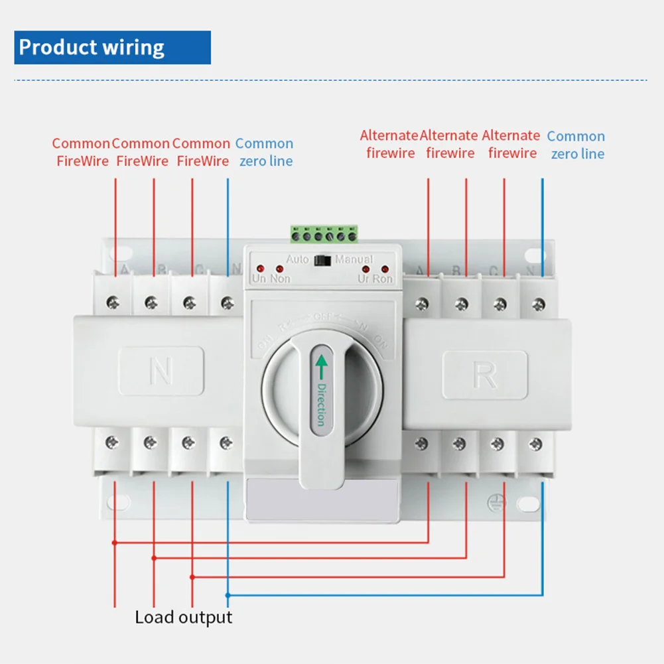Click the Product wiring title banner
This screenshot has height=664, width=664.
(112, 48)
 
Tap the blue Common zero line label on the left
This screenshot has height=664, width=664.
(265, 152)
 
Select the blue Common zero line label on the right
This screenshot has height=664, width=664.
(576, 145)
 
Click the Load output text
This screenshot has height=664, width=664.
(184, 618)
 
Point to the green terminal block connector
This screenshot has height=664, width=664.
(324, 234)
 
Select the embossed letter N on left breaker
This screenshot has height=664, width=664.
(161, 372)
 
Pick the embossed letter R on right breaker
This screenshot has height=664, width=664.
(485, 375)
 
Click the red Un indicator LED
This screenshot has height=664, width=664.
(259, 269)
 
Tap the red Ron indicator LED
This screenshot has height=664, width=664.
(384, 269)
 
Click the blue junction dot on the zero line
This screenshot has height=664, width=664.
(228, 594)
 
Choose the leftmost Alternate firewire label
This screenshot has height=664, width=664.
(390, 144)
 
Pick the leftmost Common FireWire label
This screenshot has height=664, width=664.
(81, 152)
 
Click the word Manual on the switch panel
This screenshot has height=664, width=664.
(354, 259)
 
